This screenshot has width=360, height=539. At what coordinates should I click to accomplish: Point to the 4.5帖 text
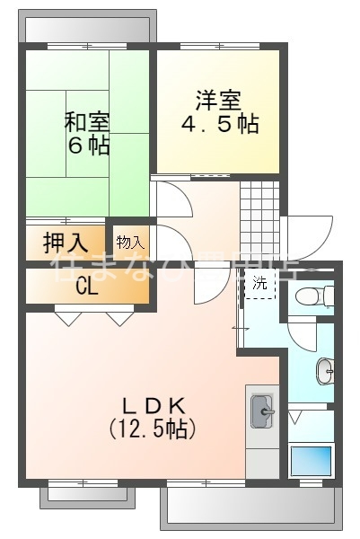coord(221,124)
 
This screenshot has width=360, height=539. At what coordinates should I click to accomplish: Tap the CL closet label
coord(86,287)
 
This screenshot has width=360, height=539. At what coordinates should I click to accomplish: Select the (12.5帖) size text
coord(153,429)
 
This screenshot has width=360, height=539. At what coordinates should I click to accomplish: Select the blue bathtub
coord(311,460)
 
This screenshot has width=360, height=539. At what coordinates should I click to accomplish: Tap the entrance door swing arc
coord(305,238)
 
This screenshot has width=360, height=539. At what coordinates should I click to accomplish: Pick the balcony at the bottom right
coord(252,511)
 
